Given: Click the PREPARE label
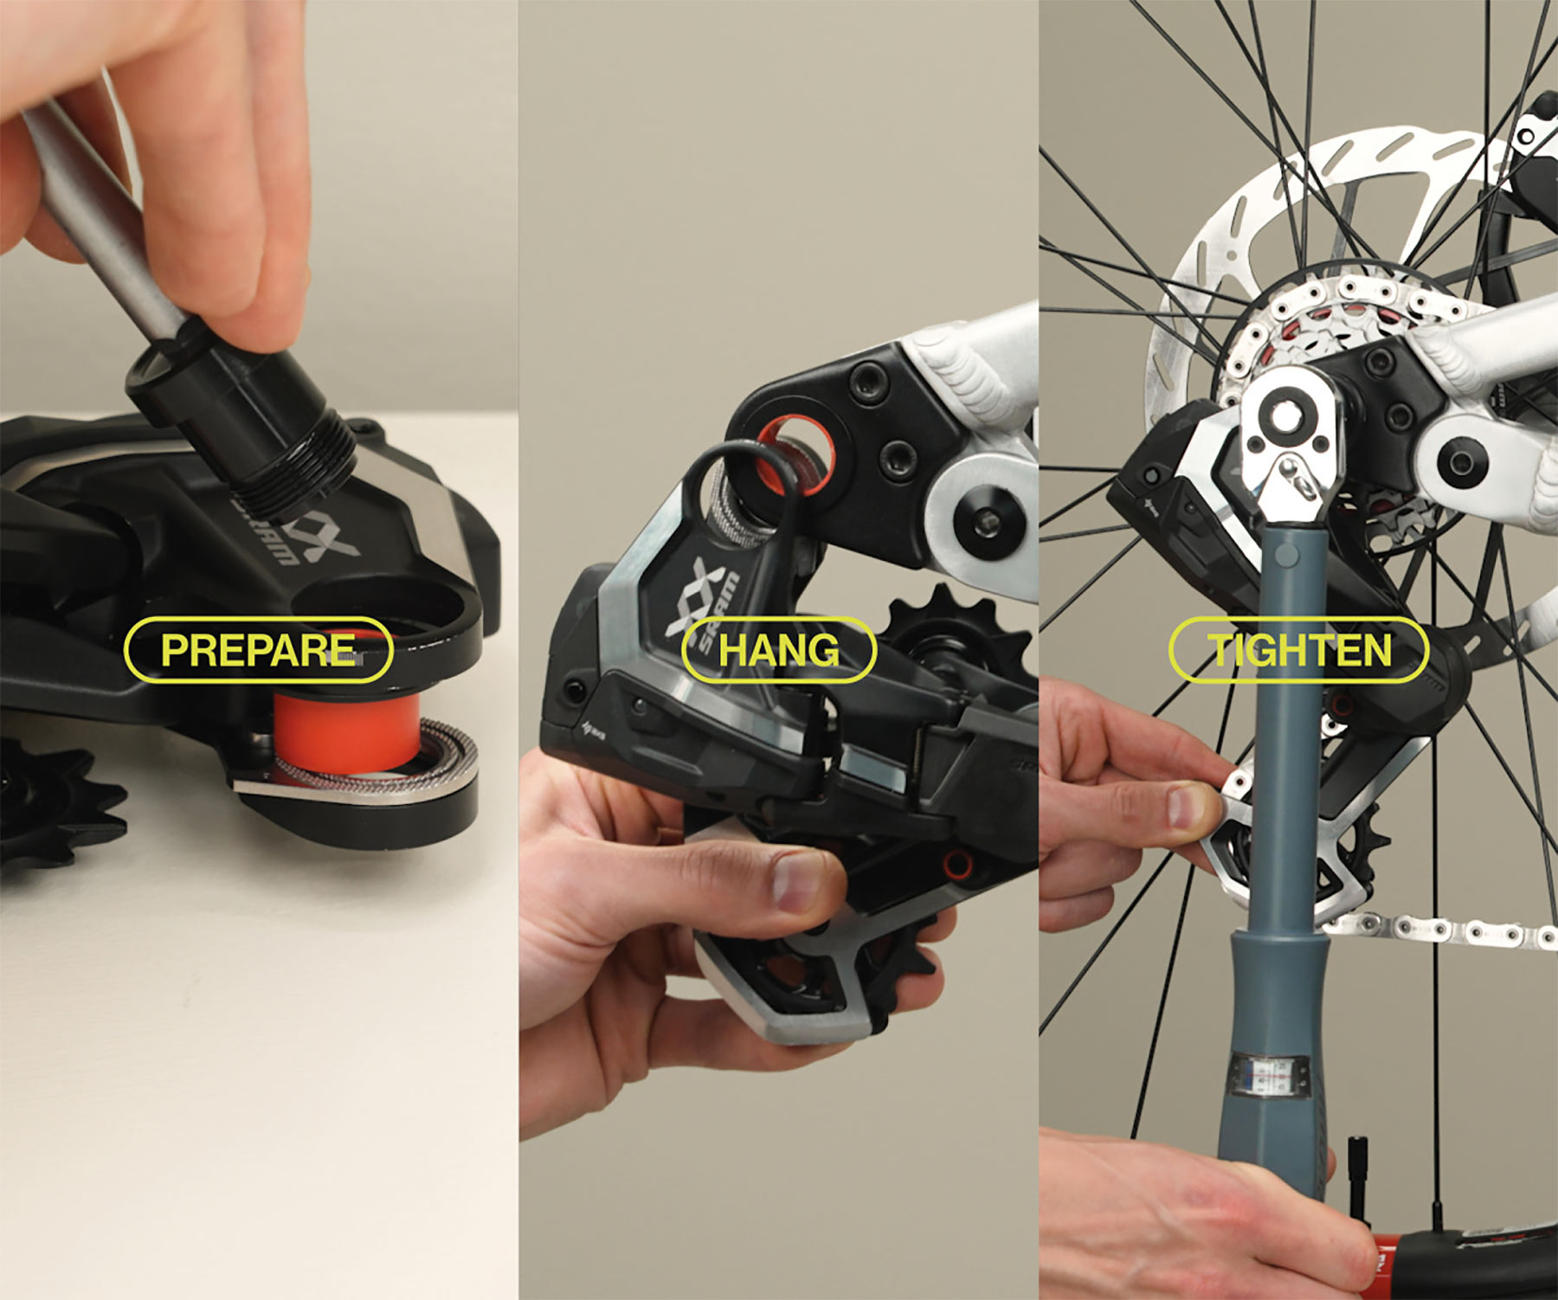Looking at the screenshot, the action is pyautogui.click(x=259, y=650).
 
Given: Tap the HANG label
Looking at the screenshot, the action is pyautogui.click(x=779, y=650).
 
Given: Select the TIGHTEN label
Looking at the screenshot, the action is pyautogui.click(x=1298, y=650).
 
